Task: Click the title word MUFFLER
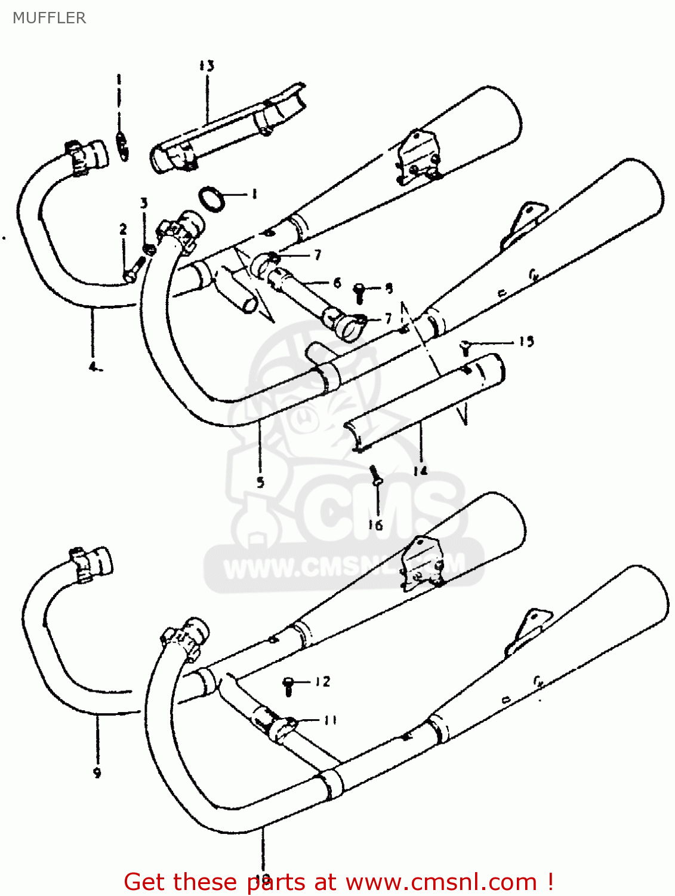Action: (x=49, y=18)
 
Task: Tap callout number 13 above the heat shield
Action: (x=206, y=66)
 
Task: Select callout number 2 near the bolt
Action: (x=123, y=229)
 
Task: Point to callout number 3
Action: (x=144, y=203)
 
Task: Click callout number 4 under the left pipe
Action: (x=94, y=367)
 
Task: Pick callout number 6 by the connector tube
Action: (x=337, y=283)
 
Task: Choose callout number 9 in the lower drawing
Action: (x=97, y=772)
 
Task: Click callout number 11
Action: (x=330, y=720)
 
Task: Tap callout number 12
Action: (x=322, y=682)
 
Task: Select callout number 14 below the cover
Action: (x=420, y=471)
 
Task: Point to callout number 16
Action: (x=375, y=525)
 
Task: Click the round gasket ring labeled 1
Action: (x=211, y=198)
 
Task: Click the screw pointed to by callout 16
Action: (x=375, y=475)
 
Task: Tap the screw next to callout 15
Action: (x=466, y=346)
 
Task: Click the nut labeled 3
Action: (x=149, y=248)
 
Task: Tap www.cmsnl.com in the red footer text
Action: (x=441, y=882)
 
